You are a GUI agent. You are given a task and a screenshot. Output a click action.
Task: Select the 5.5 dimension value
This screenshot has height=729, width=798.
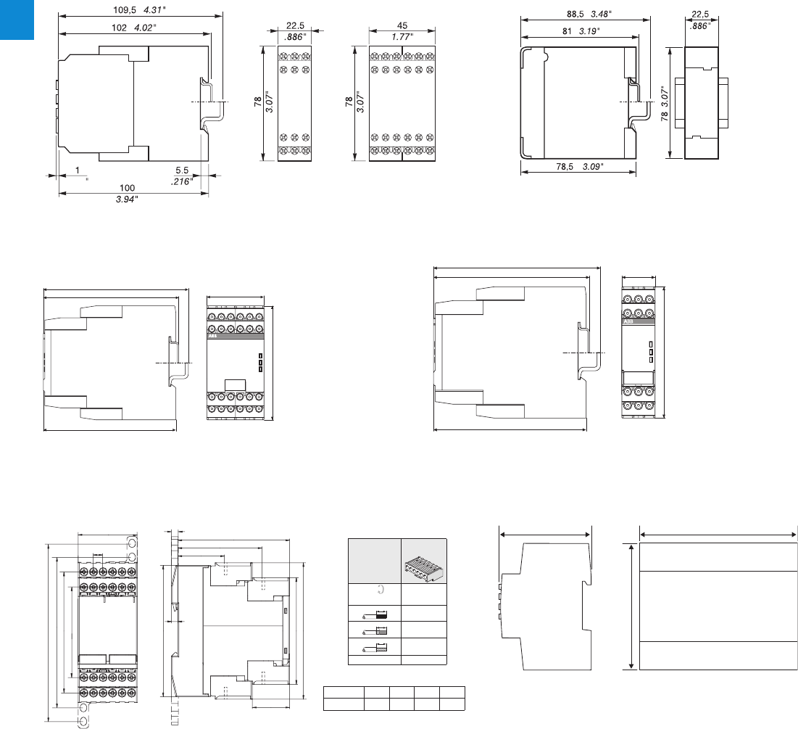(x=182, y=172)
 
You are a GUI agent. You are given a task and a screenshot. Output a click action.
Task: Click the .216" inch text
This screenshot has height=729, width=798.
(x=181, y=182)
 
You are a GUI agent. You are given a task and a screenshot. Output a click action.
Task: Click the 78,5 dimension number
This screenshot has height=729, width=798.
(x=562, y=166)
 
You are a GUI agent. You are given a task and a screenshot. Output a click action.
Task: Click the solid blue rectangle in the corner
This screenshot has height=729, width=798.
(x=17, y=20)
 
